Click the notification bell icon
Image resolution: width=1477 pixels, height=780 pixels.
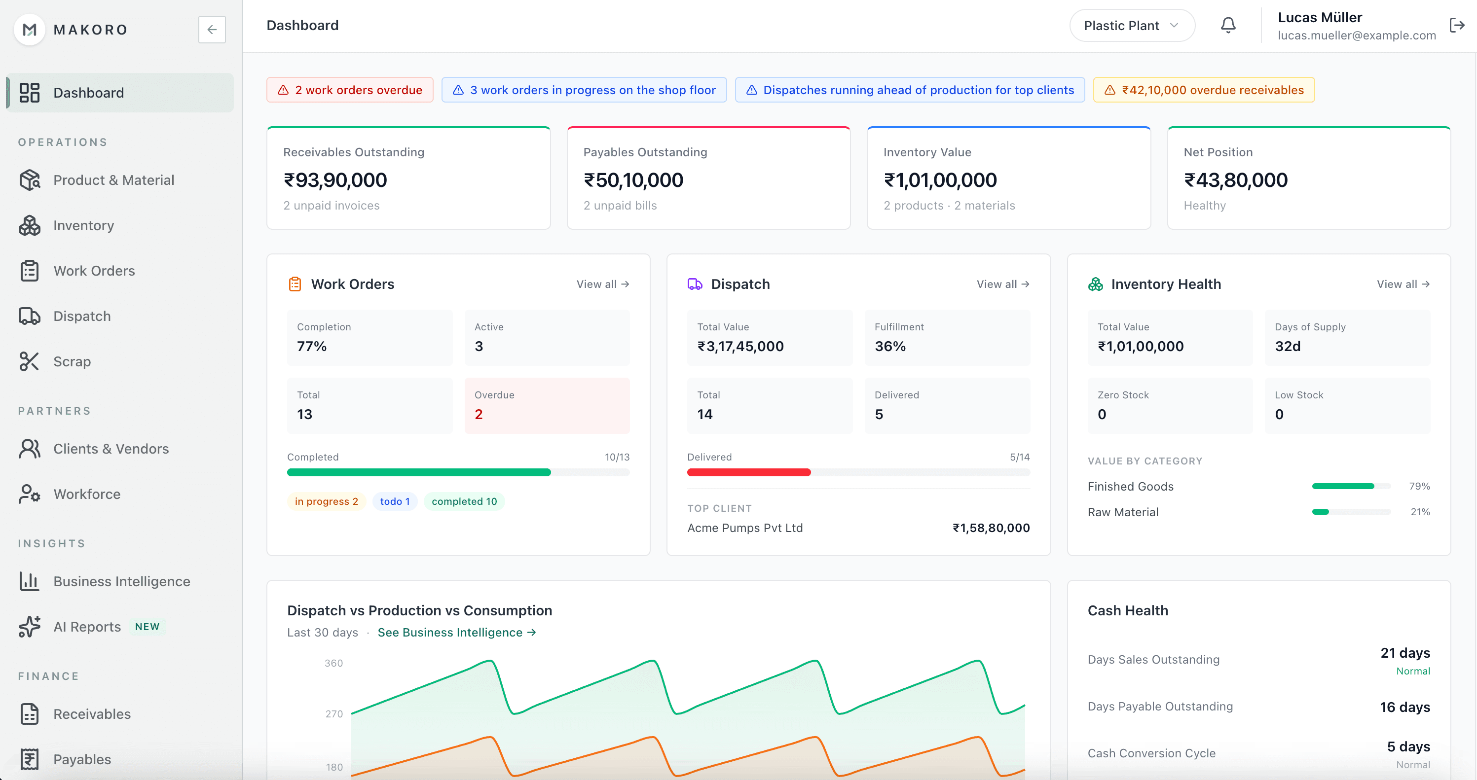1227,25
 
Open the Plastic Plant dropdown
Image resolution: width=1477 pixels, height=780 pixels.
1131,26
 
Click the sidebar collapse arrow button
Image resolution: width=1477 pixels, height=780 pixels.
212,29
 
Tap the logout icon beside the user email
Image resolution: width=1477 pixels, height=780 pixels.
1456,25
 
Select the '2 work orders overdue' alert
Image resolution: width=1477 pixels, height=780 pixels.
350,90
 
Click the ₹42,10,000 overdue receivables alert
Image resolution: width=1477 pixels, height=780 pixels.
1204,90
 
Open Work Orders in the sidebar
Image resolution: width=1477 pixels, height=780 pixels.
94,271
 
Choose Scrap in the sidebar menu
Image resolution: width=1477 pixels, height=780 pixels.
72,361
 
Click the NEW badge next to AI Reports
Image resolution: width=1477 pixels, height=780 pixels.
148,626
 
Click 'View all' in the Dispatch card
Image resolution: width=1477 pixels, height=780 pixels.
1003,284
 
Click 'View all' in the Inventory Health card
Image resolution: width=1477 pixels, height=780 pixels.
1403,284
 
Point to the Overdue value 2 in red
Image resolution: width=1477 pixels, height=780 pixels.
478,414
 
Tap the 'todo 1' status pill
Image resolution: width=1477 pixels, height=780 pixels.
395,501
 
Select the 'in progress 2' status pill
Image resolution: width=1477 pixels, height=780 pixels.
326,501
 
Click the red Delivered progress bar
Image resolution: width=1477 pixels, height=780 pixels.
748,472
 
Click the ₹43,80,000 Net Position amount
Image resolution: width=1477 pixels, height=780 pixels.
1236,180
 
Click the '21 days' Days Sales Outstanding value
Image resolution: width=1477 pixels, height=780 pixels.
1405,653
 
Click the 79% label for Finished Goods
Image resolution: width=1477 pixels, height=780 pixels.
1419,486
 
